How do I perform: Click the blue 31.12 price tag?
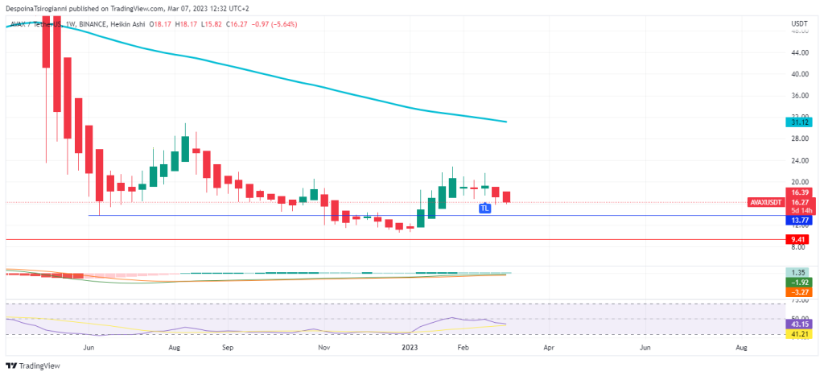click(799, 122)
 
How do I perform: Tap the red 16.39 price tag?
click(799, 192)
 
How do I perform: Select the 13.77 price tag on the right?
click(799, 220)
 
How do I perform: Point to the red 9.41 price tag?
click(799, 239)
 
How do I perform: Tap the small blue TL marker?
click(484, 208)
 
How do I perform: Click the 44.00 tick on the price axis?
click(799, 52)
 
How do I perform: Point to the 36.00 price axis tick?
click(799, 96)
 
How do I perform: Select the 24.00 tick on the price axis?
click(799, 160)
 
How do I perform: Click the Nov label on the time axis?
click(323, 348)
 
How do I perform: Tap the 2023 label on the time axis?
click(410, 348)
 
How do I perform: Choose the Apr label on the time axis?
click(549, 348)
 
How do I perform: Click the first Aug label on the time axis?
click(174, 348)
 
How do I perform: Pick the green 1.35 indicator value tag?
click(799, 273)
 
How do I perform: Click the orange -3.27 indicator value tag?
click(799, 292)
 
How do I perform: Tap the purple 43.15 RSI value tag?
click(799, 324)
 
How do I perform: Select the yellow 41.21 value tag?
click(799, 333)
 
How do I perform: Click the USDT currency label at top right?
click(800, 24)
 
